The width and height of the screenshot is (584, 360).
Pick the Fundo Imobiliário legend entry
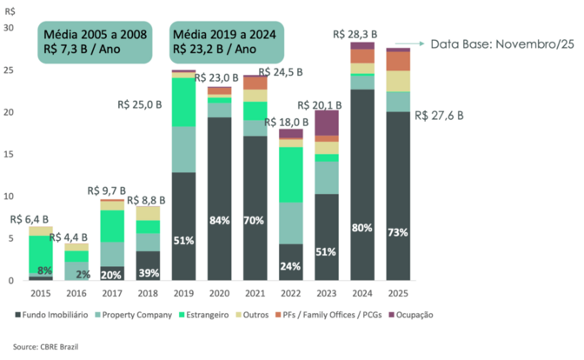pyautogui.click(x=50, y=314)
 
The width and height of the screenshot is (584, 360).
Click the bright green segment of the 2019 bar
pyautogui.click(x=182, y=103)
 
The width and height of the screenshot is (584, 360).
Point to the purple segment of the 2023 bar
pyautogui.click(x=327, y=123)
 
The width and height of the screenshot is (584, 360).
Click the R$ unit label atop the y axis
pyautogui.click(x=9, y=10)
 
